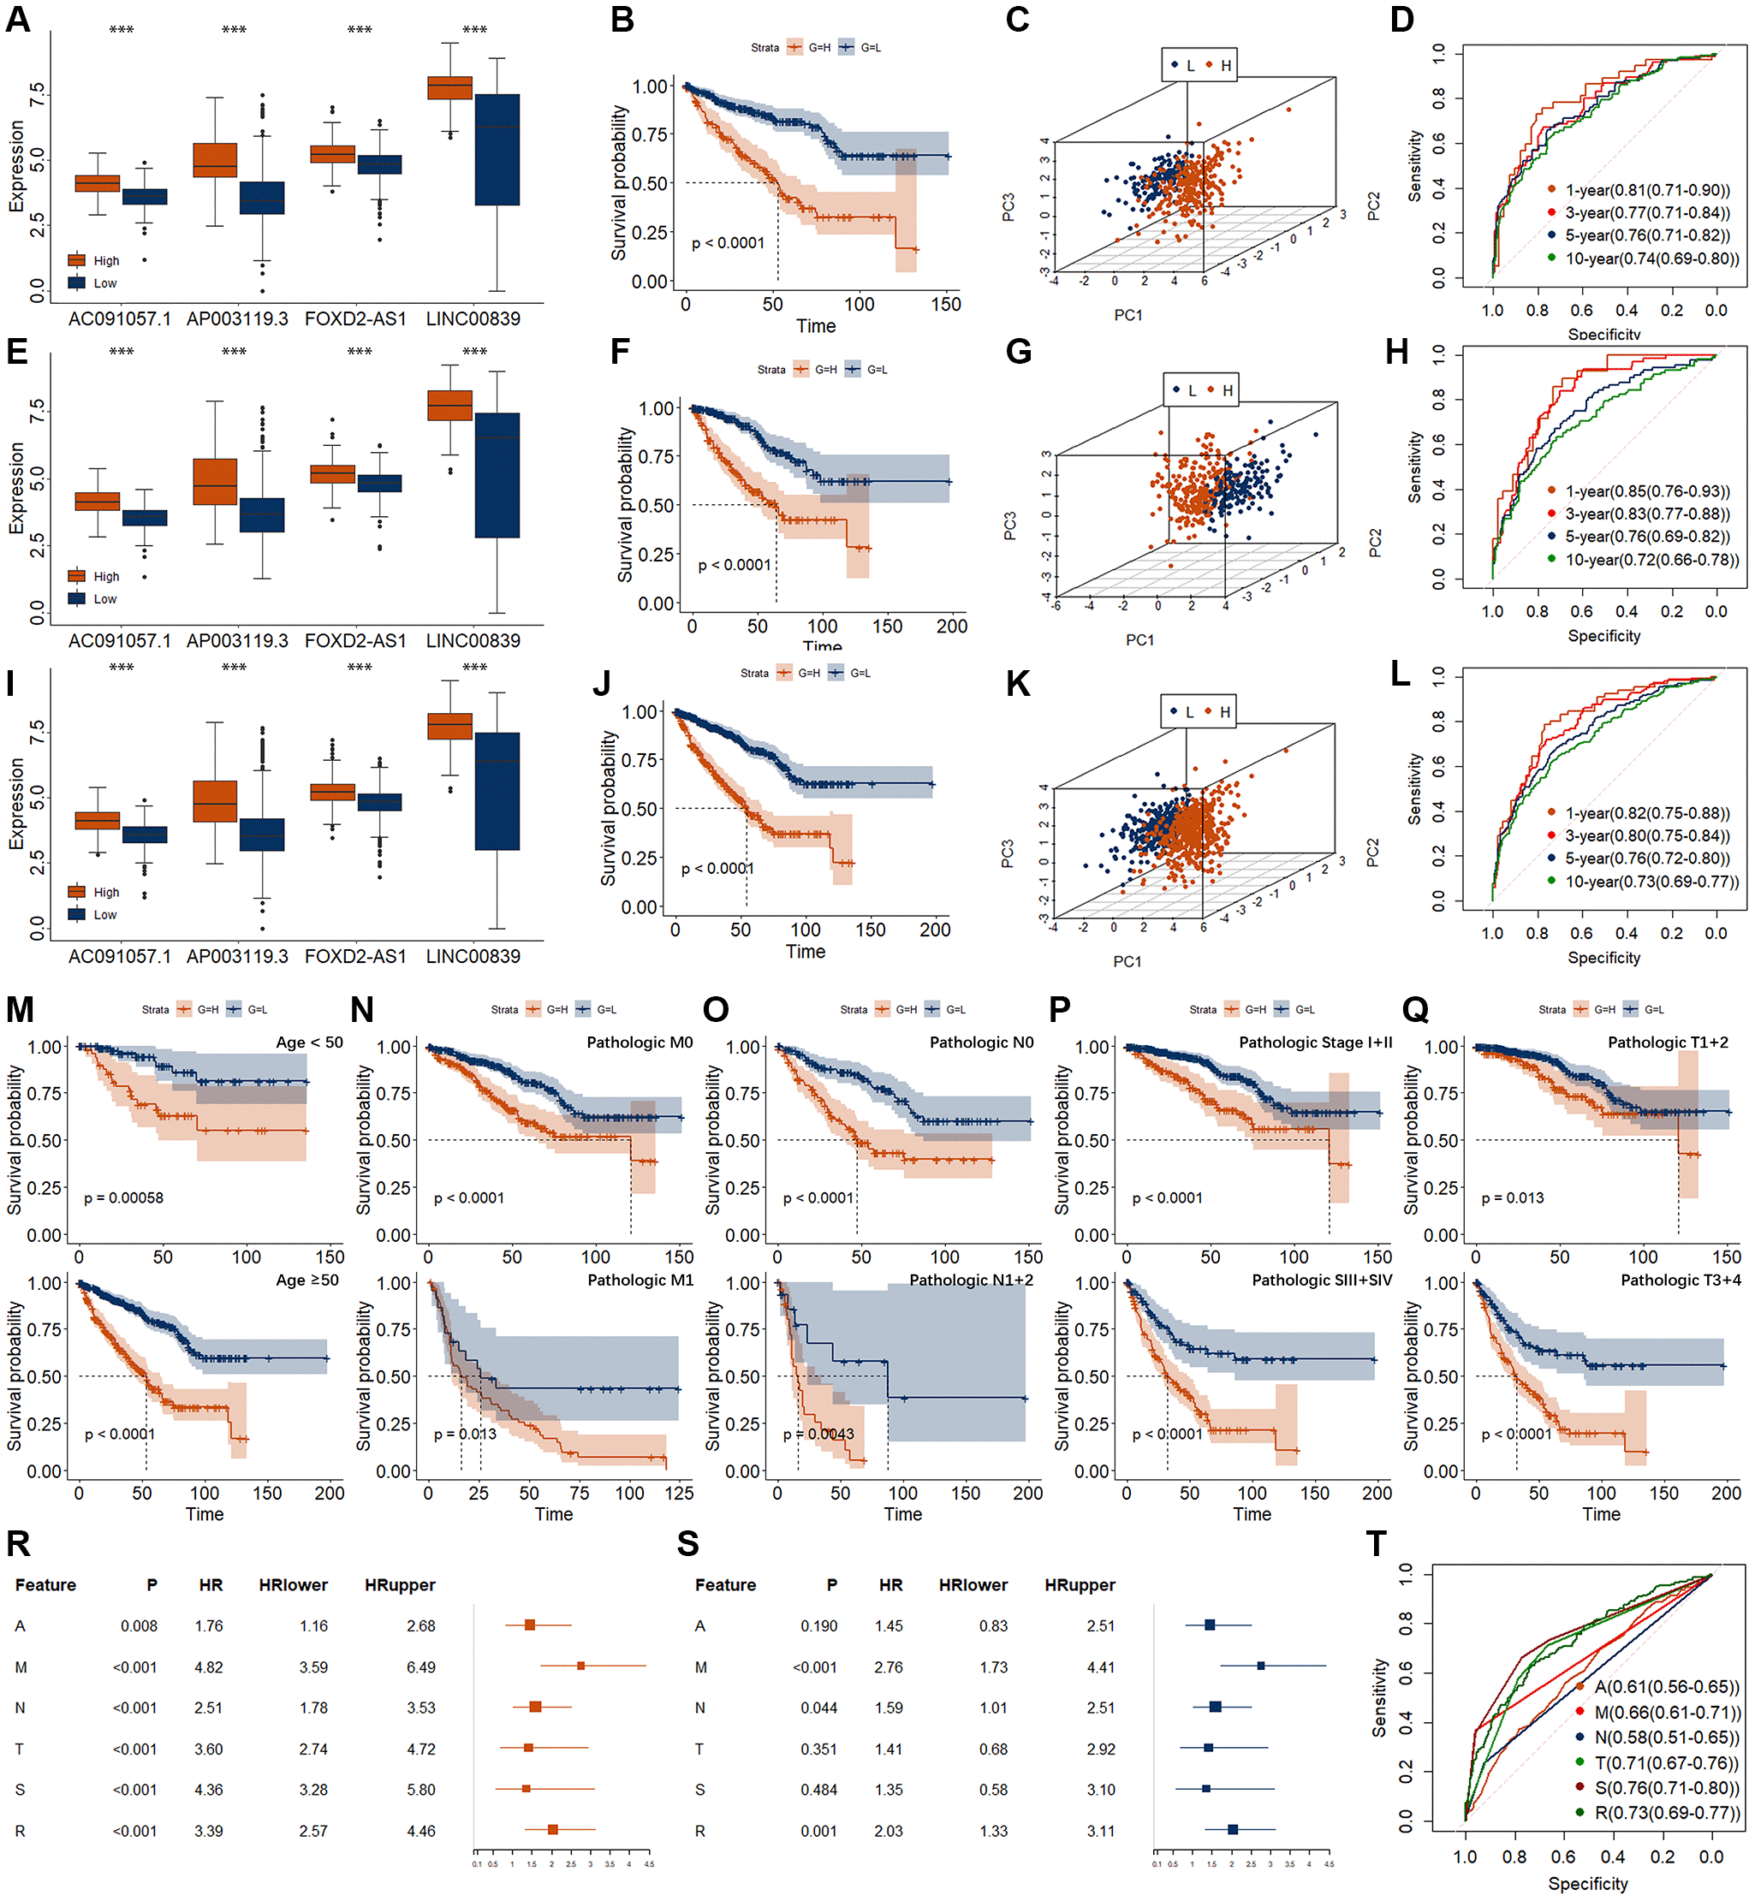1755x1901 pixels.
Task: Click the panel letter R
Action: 18,1544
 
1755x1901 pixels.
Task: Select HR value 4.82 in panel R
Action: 208,1666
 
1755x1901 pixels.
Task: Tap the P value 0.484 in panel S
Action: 818,1789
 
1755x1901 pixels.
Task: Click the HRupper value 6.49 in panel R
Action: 419,1666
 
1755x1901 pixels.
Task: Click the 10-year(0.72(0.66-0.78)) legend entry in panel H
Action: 1651,559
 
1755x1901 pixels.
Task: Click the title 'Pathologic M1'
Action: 640,1280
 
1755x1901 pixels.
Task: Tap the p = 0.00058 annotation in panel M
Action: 123,1198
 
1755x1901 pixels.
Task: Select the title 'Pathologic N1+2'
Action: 971,1280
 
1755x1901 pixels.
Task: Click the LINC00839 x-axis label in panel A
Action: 473,319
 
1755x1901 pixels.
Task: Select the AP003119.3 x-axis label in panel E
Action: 236,641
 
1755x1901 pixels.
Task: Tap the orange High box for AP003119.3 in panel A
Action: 215,159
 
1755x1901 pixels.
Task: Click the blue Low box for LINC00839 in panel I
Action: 497,791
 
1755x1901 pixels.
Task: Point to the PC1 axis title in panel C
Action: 1127,315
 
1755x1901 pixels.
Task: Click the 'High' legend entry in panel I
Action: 105,893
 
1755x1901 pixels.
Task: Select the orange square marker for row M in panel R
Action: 580,1666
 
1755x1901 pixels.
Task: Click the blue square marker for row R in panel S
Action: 1232,1829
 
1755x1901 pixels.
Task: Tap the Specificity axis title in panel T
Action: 1587,1883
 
